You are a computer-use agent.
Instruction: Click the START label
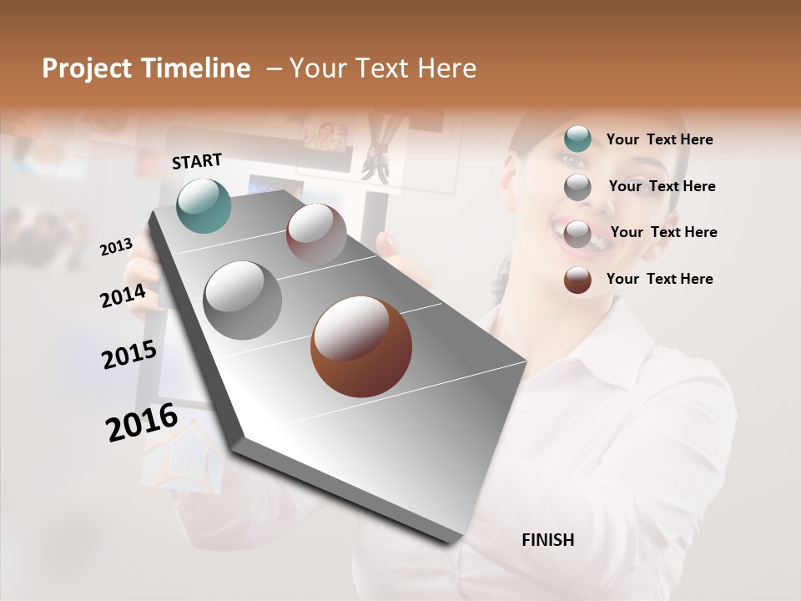[197, 160]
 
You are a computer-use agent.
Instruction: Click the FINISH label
[547, 540]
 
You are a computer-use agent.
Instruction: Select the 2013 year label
[116, 246]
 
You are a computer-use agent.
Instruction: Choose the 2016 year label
[142, 422]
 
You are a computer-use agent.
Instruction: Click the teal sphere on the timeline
[204, 205]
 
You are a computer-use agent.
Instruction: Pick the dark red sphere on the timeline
[316, 234]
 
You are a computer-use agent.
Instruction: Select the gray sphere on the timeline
[243, 300]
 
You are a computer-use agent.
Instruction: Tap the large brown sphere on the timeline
[361, 346]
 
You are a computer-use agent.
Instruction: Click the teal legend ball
[577, 139]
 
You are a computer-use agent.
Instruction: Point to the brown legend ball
[577, 280]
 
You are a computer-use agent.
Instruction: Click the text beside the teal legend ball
[659, 139]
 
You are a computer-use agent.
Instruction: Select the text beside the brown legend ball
[659, 279]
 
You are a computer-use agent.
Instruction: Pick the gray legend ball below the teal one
[577, 187]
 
